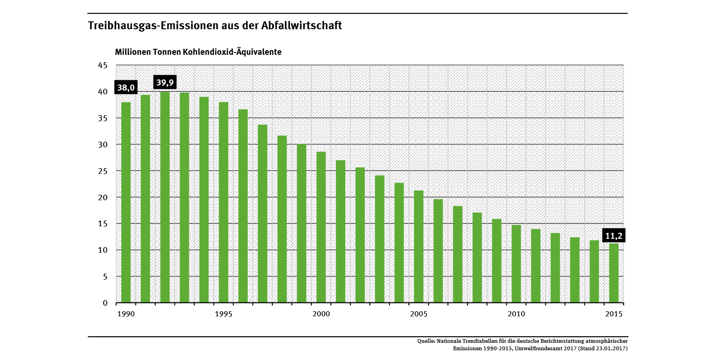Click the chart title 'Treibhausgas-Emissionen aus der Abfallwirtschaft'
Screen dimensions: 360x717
pos(215,26)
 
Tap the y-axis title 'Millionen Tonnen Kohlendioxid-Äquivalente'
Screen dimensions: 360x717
pos(198,52)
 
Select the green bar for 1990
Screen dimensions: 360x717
pos(126,202)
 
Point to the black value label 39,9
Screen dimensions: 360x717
pos(165,83)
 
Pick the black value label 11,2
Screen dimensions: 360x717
pos(614,236)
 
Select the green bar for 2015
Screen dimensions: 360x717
pos(614,273)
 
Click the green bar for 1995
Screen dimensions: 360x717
pos(223,202)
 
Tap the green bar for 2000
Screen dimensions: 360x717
pos(321,227)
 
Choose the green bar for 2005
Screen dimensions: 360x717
pos(419,246)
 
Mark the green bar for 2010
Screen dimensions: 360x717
pos(516,263)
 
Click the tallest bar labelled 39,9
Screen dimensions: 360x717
pos(165,197)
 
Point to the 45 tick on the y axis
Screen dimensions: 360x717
pos(103,65)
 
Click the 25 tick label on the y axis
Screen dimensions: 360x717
pos(103,171)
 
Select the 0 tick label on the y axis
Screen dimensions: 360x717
pos(105,303)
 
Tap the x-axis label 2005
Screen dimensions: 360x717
pos(419,314)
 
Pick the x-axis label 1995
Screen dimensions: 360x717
pos(223,314)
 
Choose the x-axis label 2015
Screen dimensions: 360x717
pos(614,314)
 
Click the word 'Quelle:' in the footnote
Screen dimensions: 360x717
pos(426,341)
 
